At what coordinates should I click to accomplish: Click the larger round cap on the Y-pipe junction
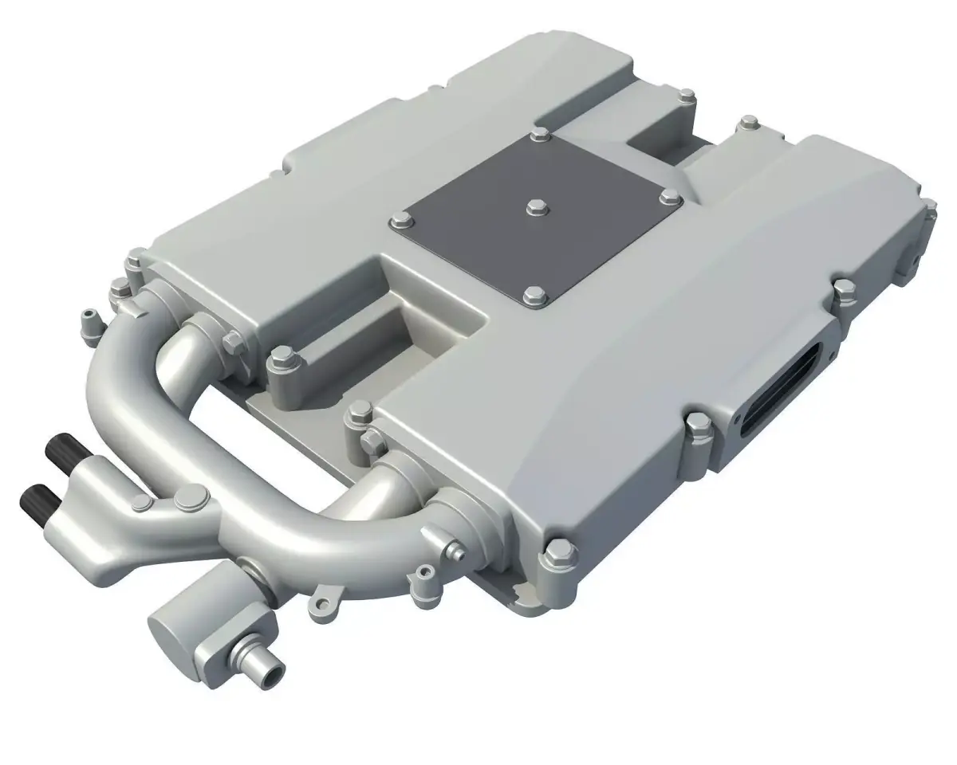point(189,500)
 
